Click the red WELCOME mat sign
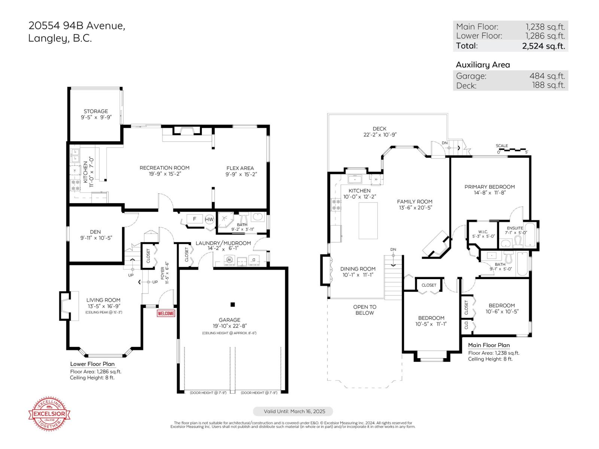point(166,313)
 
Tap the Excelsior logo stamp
point(50,414)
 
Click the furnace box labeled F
point(195,219)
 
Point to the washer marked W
point(229,260)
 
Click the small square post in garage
point(232,305)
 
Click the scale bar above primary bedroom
point(512,150)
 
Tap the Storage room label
point(96,112)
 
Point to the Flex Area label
point(240,168)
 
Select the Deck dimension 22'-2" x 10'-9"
point(380,135)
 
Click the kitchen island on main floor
point(368,221)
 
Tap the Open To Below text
point(365,310)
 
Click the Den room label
point(95,232)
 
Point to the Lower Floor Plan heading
point(92,364)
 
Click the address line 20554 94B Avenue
point(77,26)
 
